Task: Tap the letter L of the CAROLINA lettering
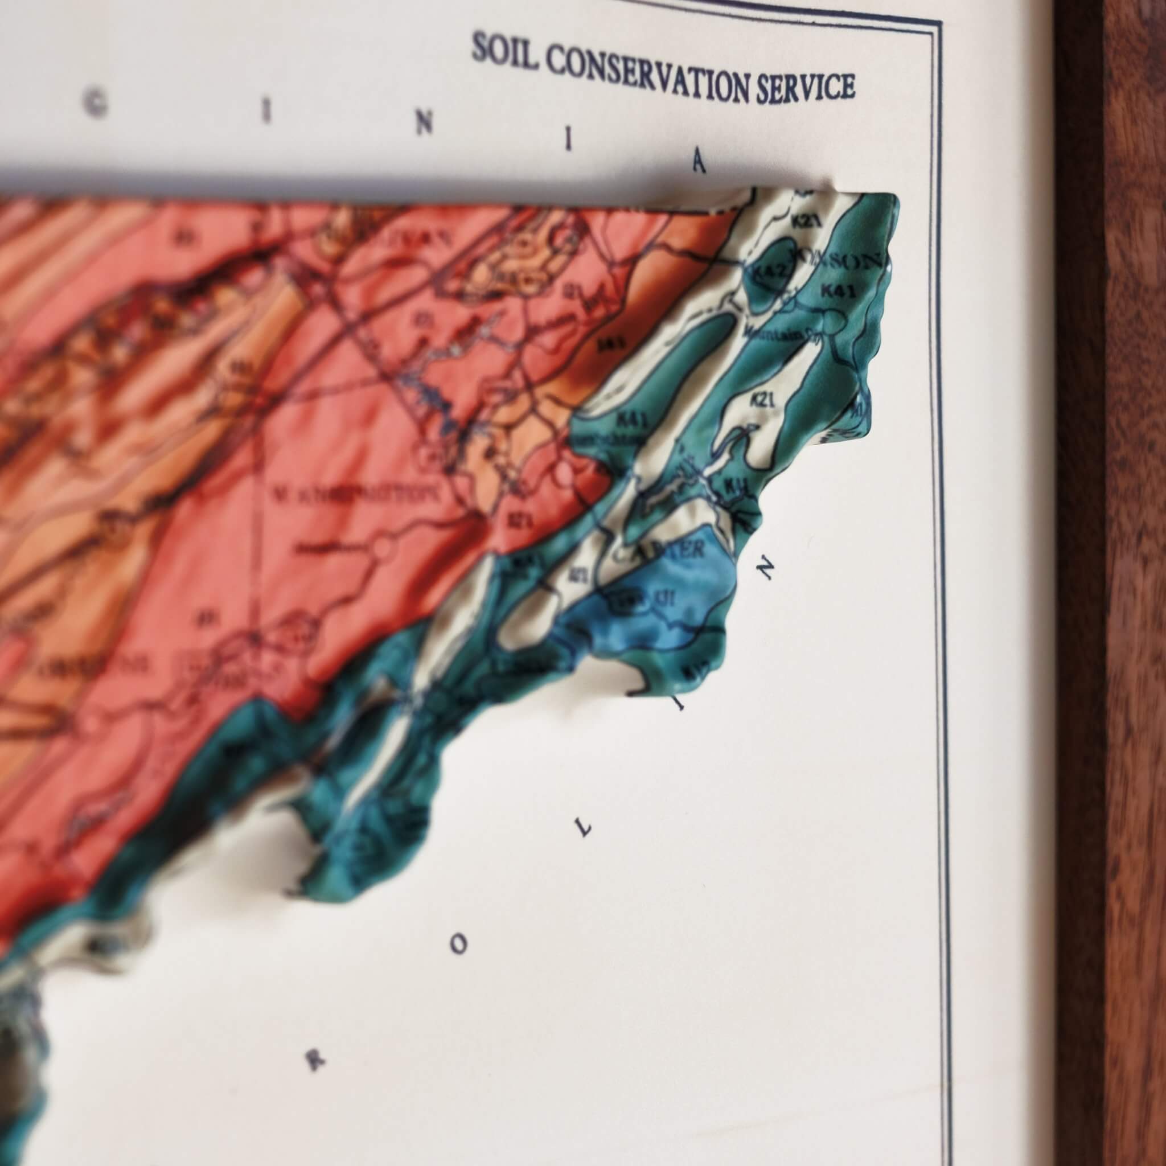[584, 830]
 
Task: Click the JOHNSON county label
[836, 261]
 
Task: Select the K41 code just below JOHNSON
[837, 291]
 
